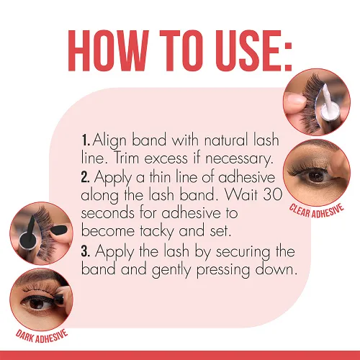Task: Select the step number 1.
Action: coord(85,140)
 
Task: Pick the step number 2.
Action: coord(86,177)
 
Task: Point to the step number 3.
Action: coord(86,251)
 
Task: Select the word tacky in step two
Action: coord(157,232)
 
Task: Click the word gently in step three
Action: coord(171,270)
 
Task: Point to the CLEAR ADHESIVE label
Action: coord(316,211)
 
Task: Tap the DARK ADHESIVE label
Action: coord(42,336)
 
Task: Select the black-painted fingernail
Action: coord(59,230)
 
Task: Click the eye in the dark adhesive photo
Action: coord(37,303)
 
